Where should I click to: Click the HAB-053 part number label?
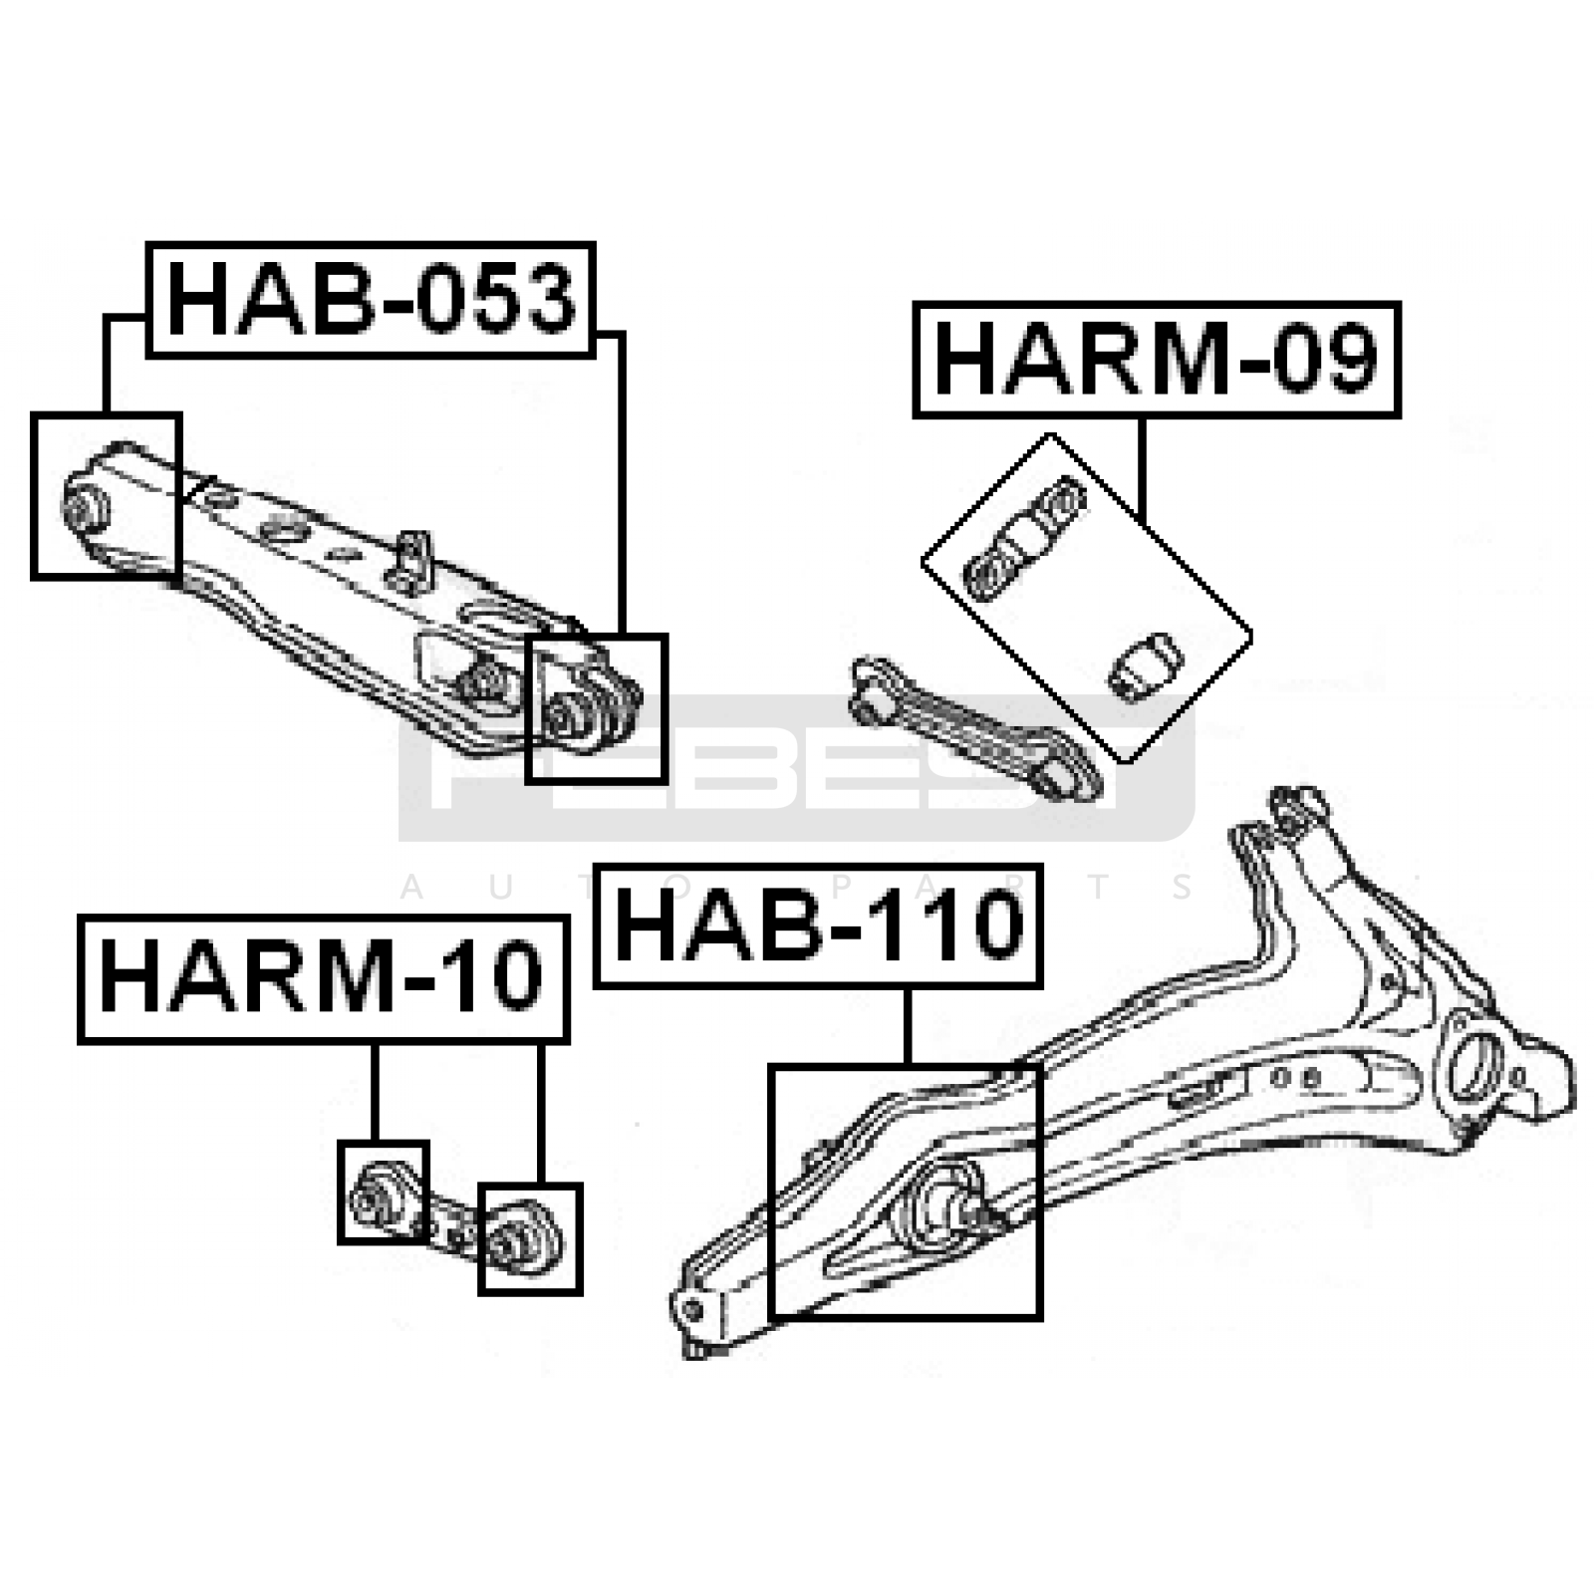coord(371,299)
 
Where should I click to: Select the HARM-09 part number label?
coord(1157,360)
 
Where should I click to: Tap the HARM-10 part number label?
coord(323,978)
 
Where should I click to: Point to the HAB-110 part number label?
coord(818,926)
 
